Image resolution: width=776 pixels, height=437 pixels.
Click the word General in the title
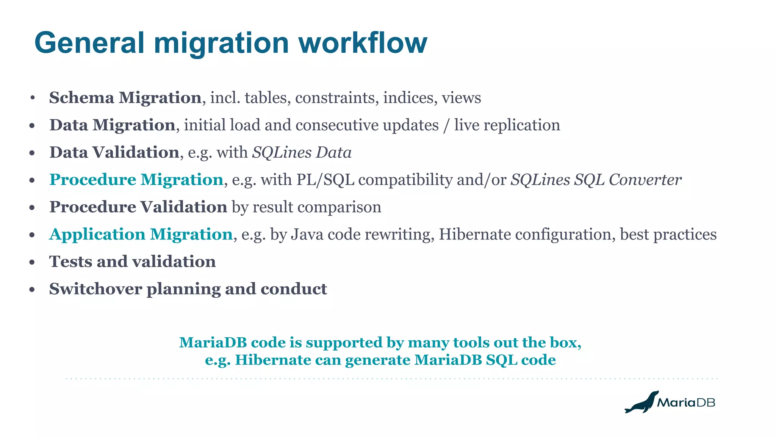pyautogui.click(x=89, y=43)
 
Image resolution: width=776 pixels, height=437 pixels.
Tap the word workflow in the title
pyautogui.click(x=363, y=43)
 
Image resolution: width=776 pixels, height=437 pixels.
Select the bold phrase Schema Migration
pyautogui.click(x=125, y=98)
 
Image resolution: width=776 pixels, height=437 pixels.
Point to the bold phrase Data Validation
pyautogui.click(x=114, y=152)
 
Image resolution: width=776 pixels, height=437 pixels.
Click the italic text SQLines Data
pyautogui.click(x=302, y=152)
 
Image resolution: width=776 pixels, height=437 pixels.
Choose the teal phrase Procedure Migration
pyautogui.click(x=136, y=180)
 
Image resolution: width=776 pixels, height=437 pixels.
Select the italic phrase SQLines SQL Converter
pyautogui.click(x=596, y=180)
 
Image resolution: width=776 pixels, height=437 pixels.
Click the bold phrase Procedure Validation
pyautogui.click(x=138, y=207)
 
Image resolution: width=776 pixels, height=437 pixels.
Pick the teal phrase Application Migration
pyautogui.click(x=141, y=234)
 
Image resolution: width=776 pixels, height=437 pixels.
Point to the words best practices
pyautogui.click(x=668, y=234)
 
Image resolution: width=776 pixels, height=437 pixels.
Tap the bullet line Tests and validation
pyautogui.click(x=132, y=262)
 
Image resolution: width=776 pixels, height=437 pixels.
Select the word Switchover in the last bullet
pyautogui.click(x=95, y=289)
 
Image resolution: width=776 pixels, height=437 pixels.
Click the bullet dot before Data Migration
pyautogui.click(x=32, y=125)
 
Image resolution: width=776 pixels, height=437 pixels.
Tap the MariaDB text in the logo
pyautogui.click(x=686, y=403)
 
